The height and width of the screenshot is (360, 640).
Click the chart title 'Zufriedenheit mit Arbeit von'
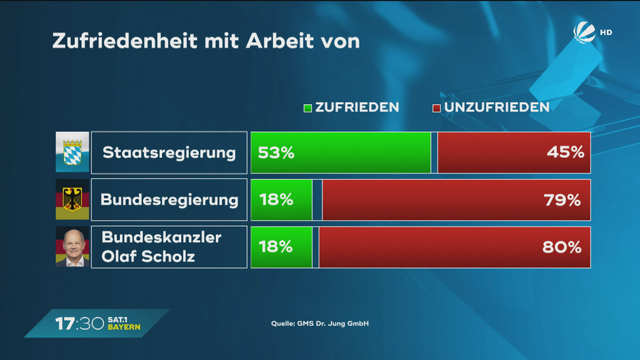(x=206, y=41)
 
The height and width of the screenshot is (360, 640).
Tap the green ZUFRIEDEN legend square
(x=308, y=108)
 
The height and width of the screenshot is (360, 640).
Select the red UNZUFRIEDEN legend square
(x=436, y=108)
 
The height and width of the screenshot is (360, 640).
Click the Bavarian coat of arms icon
(x=72, y=152)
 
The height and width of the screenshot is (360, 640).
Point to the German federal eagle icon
(x=72, y=199)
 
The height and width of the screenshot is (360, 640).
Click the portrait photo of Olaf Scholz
(x=72, y=247)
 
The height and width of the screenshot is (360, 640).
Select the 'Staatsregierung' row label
(x=169, y=152)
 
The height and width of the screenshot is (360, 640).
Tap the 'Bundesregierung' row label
(x=169, y=200)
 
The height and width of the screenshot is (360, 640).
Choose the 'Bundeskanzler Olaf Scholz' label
(x=161, y=247)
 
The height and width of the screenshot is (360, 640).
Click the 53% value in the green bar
(x=276, y=152)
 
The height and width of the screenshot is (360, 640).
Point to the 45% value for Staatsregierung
(x=565, y=152)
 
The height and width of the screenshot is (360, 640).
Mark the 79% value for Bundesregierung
(x=562, y=200)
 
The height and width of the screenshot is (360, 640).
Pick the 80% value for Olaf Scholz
(x=562, y=247)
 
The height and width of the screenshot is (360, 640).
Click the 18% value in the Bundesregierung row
(x=276, y=200)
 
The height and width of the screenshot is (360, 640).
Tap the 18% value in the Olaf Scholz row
(x=276, y=247)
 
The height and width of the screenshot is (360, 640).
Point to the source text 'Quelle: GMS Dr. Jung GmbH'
(x=320, y=323)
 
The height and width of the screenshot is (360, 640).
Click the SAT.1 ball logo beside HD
(x=584, y=33)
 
